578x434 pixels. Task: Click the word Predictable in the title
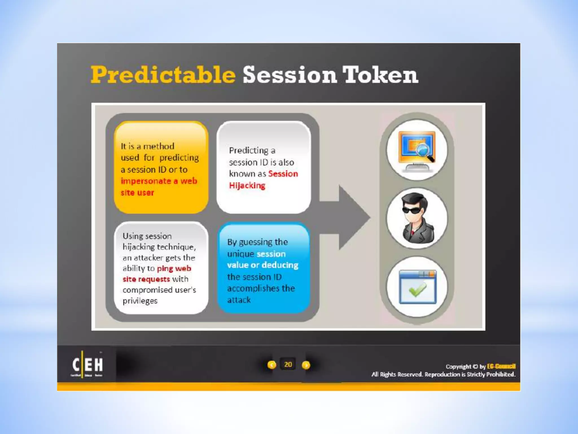[163, 75]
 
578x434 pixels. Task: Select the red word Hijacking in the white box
[247, 185]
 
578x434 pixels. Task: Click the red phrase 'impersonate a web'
[159, 181]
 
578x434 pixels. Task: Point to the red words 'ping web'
[174, 268]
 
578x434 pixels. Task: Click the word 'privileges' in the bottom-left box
[140, 301]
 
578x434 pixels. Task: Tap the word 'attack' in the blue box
[239, 300]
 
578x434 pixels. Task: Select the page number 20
[288, 364]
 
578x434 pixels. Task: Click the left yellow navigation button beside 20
[272, 365]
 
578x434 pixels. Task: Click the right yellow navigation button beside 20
[306, 365]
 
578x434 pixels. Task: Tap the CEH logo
[87, 364]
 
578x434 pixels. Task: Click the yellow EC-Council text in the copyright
[501, 366]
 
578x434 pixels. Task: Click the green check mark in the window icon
[417, 290]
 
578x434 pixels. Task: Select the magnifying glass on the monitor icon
[424, 151]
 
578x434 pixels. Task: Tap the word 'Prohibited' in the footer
[500, 374]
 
